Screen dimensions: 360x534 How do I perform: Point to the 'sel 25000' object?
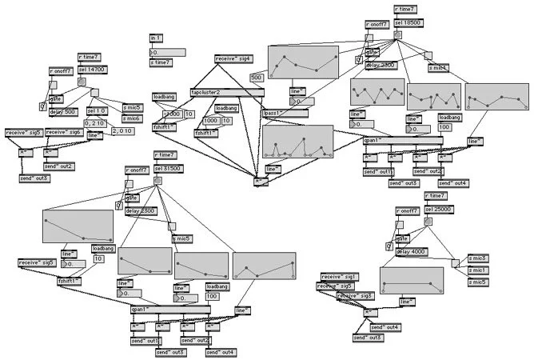pos(439,209)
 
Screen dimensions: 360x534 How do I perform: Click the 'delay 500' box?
pos(62,112)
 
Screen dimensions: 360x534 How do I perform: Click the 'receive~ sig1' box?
pos(341,276)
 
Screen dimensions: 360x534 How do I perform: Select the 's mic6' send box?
pos(132,118)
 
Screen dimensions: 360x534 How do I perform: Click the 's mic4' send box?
pos(438,68)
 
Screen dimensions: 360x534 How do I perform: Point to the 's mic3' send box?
pos(478,258)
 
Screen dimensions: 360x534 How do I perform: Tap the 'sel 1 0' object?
pos(96,111)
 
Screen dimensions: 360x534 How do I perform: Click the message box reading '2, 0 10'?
pos(123,130)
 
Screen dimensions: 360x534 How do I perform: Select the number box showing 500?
pos(257,77)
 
